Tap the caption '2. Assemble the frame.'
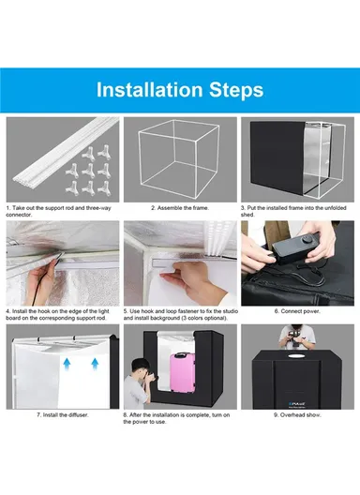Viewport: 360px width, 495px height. [x=179, y=207]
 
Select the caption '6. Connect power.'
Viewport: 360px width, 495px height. [x=297, y=310]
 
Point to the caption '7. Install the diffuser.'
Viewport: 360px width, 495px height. [x=63, y=413]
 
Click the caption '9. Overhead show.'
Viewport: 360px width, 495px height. [x=297, y=413]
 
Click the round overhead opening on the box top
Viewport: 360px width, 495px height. [x=298, y=360]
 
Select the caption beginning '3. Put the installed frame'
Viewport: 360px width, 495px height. [x=295, y=211]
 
